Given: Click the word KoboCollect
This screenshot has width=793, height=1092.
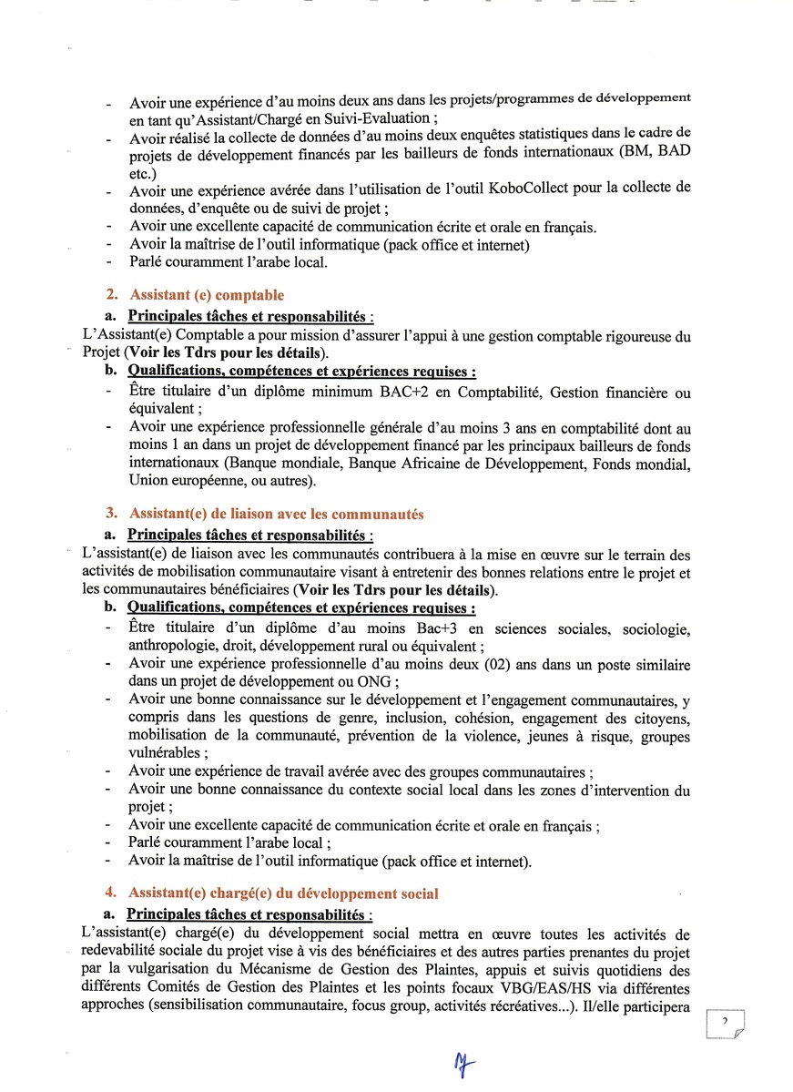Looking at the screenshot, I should click(527, 189).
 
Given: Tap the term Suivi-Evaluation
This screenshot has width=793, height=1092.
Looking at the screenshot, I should click(372, 117).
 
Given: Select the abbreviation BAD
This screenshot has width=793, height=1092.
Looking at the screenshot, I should click(673, 153).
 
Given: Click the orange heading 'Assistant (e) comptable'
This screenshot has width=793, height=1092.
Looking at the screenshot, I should click(207, 295).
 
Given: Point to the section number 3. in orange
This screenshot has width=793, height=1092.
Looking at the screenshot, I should click(113, 514).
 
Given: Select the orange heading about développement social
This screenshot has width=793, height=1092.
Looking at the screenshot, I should click(283, 893).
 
